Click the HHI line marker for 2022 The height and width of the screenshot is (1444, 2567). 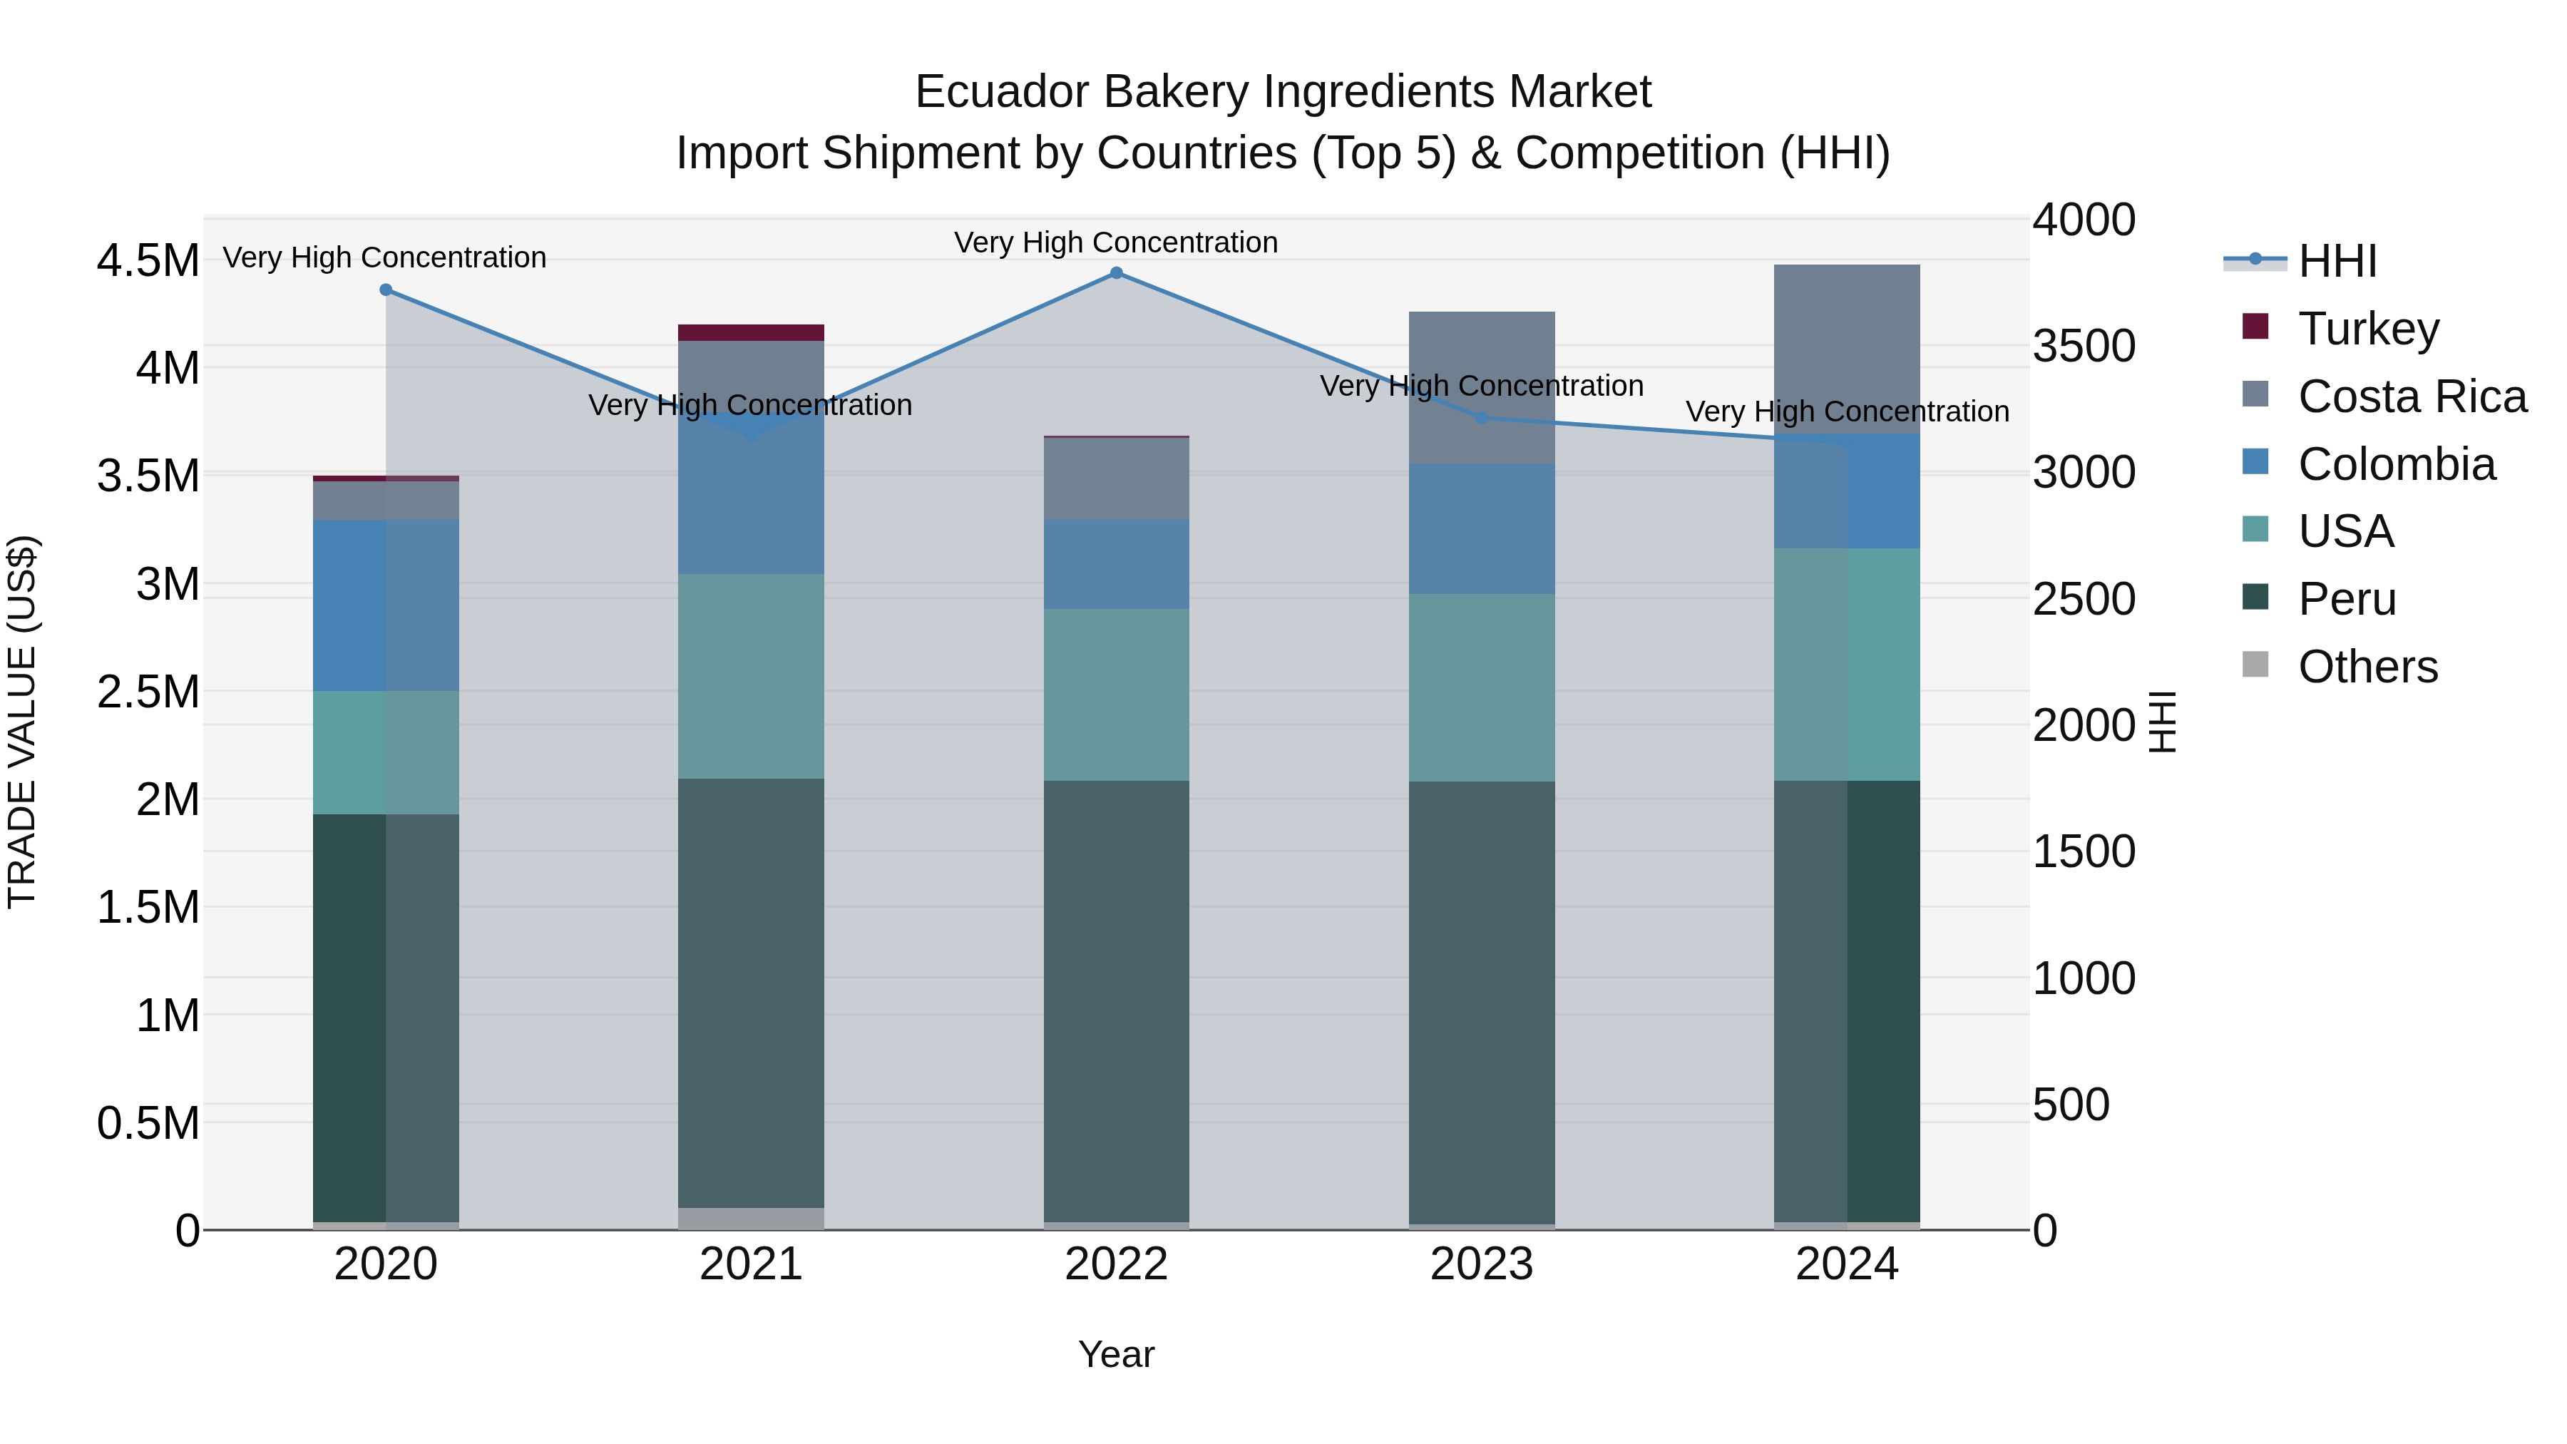click(1116, 273)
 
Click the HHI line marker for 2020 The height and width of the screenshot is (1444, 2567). click(386, 290)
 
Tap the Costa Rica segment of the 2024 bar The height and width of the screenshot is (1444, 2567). click(1847, 349)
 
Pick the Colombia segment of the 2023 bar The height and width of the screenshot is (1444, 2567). click(1482, 529)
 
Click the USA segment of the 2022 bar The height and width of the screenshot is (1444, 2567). click(1116, 695)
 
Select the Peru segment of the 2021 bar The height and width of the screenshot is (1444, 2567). click(752, 993)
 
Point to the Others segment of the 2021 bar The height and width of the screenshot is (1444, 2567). click(752, 1218)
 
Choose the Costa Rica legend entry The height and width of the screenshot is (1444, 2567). click(2412, 396)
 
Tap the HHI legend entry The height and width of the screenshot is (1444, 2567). click(2336, 261)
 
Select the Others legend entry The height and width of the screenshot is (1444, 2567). click(2367, 667)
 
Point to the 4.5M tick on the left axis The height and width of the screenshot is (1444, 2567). click(148, 261)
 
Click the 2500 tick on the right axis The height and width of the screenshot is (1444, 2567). click(2084, 599)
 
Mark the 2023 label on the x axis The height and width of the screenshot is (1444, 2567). click(1482, 1264)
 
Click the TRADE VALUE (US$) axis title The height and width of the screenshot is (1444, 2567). click(22, 722)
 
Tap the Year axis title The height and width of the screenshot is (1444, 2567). click(1116, 1354)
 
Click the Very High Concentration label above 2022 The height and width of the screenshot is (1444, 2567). click(1116, 242)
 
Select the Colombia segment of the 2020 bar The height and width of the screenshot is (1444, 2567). click(386, 605)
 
